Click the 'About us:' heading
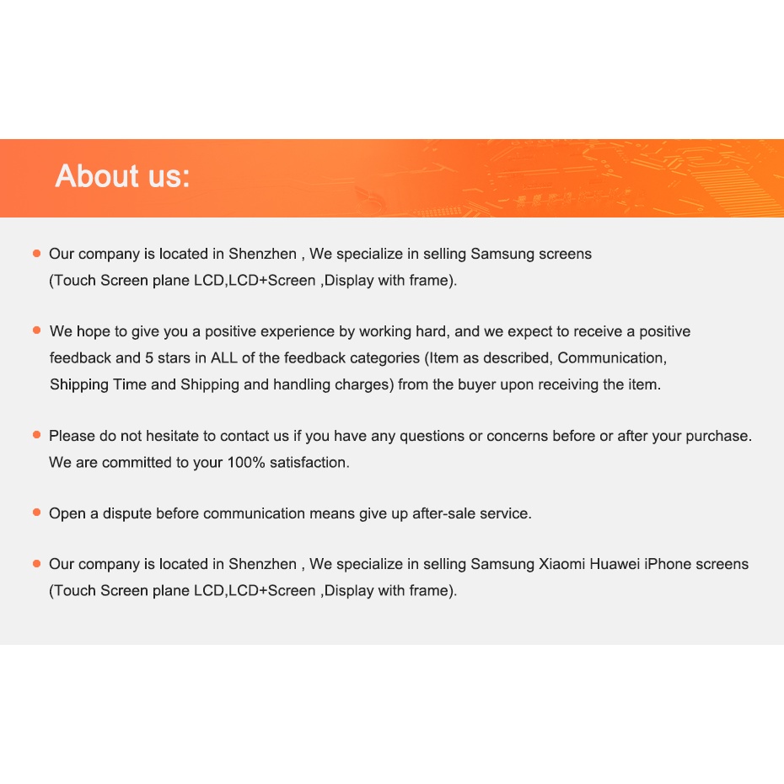pos(123,176)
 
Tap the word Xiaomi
pos(562,564)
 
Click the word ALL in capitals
pos(224,357)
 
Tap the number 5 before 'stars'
pos(149,357)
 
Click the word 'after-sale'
pos(443,513)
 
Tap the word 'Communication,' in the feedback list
pos(612,357)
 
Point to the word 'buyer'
pos(478,384)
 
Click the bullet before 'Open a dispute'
pos(36,513)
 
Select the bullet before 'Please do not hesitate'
pos(36,435)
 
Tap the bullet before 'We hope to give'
pos(36,330)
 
